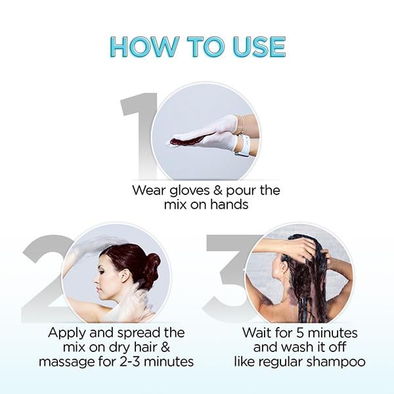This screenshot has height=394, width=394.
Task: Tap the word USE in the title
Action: [x=258, y=47]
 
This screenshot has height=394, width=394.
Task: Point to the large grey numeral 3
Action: [x=227, y=276]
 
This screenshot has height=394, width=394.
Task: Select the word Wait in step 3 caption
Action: [x=257, y=333]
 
